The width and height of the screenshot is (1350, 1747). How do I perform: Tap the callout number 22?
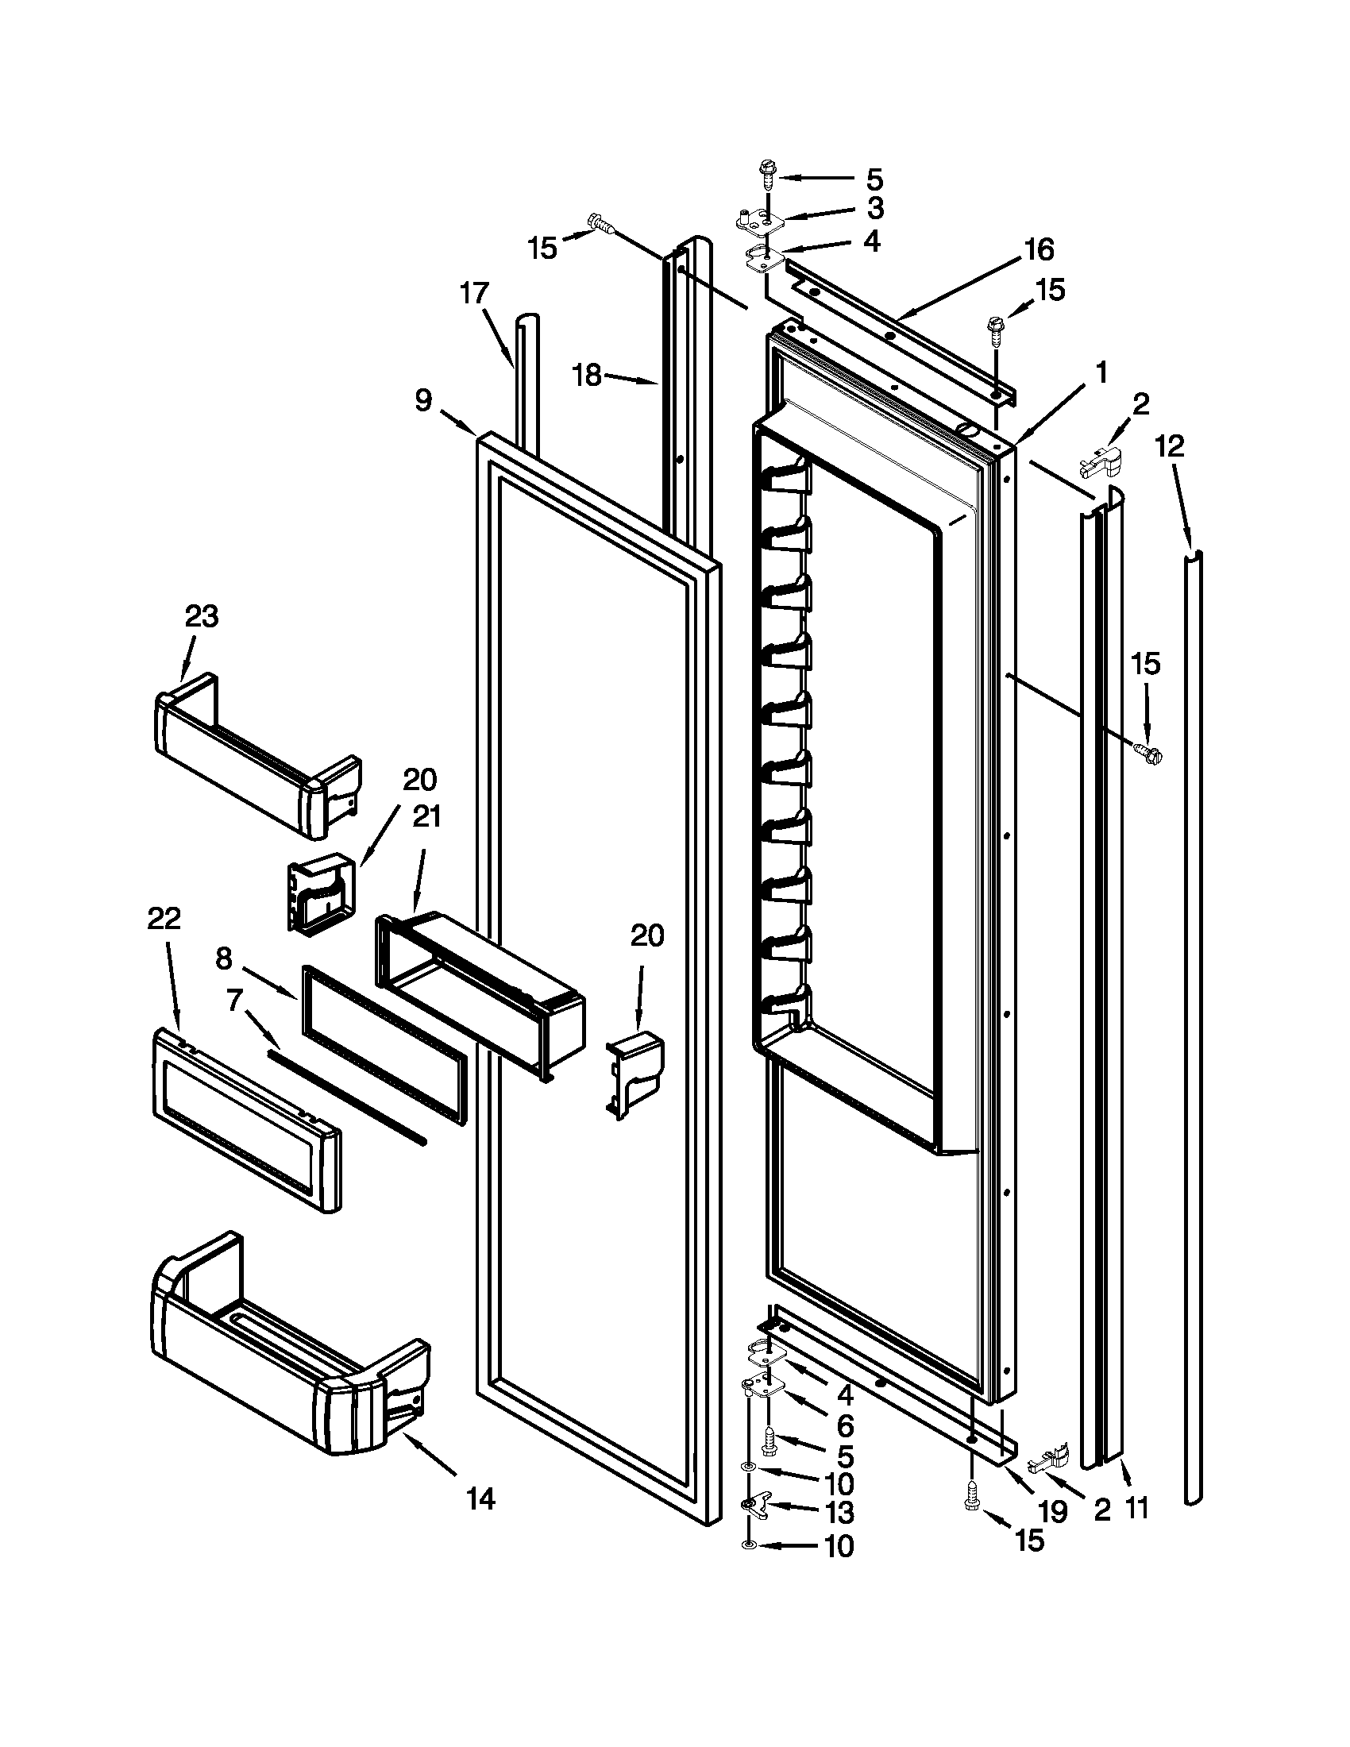164,919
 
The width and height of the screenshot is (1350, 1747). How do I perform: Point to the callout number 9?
423,399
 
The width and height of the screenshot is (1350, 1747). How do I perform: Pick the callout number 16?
1039,249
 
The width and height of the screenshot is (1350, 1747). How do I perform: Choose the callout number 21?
426,816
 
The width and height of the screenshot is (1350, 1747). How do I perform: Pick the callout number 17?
474,295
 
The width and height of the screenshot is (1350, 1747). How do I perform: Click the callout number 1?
1101,372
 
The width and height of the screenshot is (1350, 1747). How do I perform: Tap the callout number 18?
588,375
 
